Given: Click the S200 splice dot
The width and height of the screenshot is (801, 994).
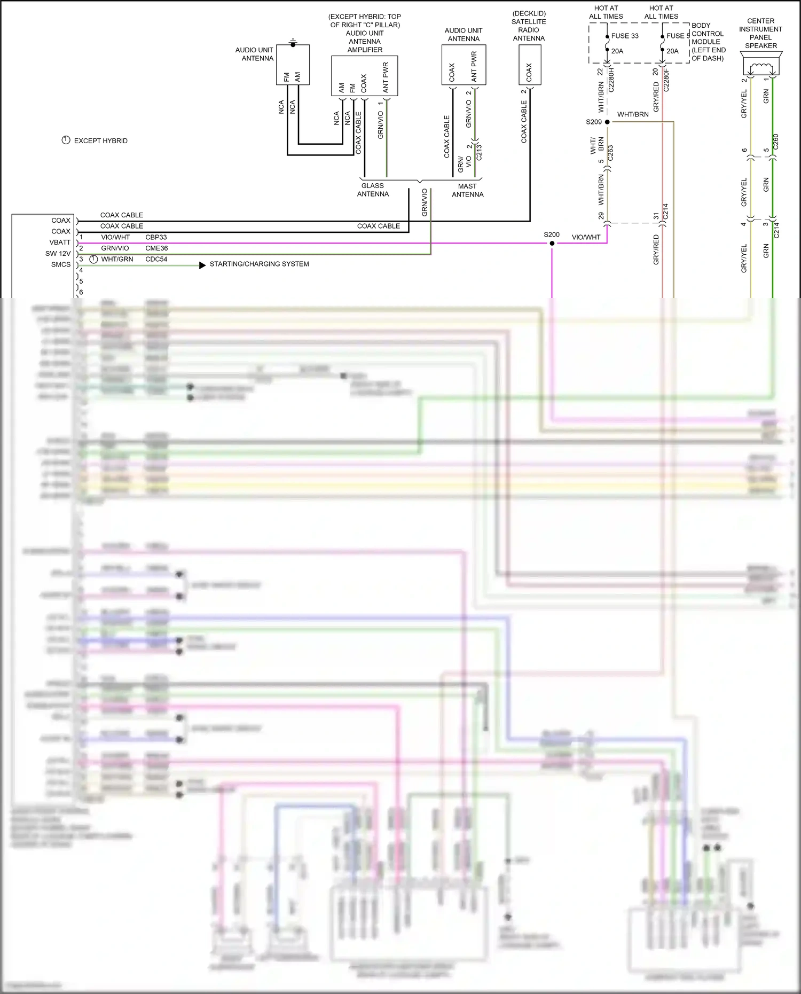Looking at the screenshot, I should pyautogui.click(x=552, y=244).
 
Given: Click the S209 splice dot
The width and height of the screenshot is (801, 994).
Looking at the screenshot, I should pyautogui.click(x=607, y=122).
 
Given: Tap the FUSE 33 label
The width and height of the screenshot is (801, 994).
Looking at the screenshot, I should pyautogui.click(x=624, y=36).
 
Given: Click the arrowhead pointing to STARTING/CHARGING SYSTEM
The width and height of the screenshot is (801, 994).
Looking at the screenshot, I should pyautogui.click(x=202, y=265).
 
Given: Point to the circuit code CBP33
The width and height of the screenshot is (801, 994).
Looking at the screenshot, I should pyautogui.click(x=156, y=237).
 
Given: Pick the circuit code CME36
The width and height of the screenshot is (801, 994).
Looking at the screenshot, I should pyautogui.click(x=156, y=248).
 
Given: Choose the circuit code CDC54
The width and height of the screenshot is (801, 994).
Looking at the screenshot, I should pyautogui.click(x=156, y=259).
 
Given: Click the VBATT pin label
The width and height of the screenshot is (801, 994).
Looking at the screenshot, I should pyautogui.click(x=60, y=242).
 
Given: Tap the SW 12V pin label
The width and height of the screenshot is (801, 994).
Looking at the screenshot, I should pyautogui.click(x=58, y=254).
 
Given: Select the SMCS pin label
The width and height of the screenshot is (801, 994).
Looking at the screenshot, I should pyautogui.click(x=60, y=264).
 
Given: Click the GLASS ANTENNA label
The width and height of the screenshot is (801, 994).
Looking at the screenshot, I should pyautogui.click(x=373, y=190).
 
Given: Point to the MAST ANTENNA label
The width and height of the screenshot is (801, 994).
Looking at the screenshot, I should pyautogui.click(x=467, y=191).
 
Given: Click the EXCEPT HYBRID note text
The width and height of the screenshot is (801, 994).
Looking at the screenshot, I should pyautogui.click(x=100, y=141).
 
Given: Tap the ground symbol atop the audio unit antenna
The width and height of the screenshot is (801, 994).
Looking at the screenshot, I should pyautogui.click(x=293, y=42).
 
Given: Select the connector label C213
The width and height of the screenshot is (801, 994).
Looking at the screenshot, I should pyautogui.click(x=479, y=152).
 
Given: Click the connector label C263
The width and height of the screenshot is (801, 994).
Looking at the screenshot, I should pyautogui.click(x=610, y=153).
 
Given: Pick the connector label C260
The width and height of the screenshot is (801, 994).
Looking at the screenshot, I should pyautogui.click(x=776, y=142).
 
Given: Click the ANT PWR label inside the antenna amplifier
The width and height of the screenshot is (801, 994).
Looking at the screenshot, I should pyautogui.click(x=386, y=77).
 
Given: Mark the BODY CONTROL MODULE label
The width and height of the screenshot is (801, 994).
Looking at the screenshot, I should pyautogui.click(x=708, y=42).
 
